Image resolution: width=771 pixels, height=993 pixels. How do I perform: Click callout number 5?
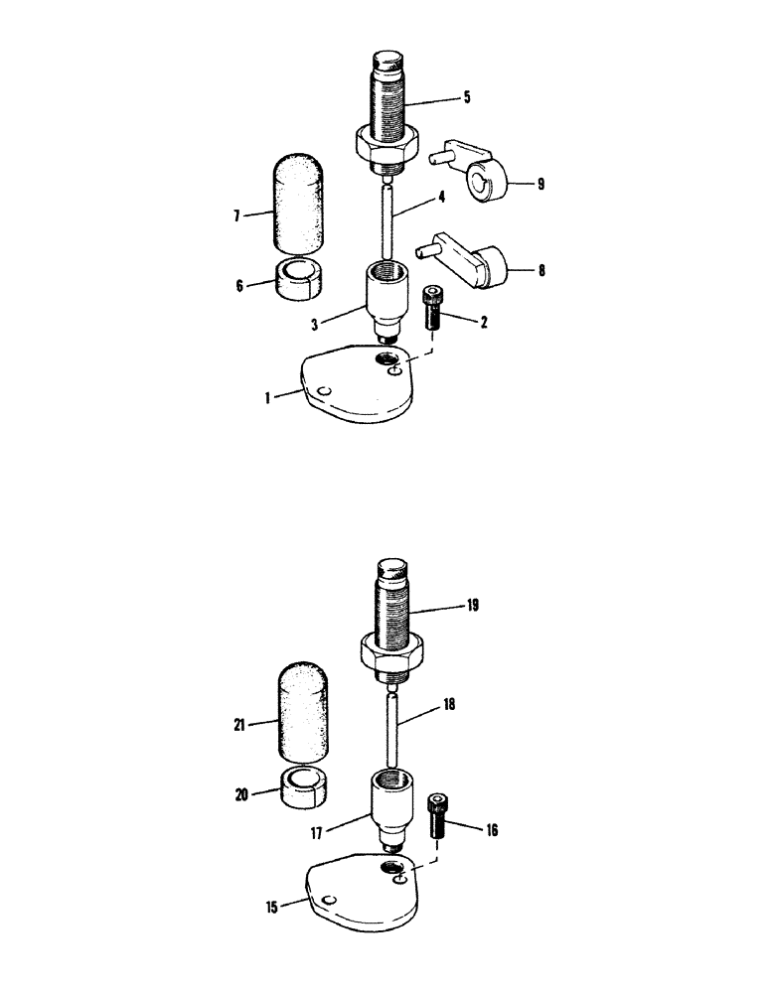pyautogui.click(x=466, y=98)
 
